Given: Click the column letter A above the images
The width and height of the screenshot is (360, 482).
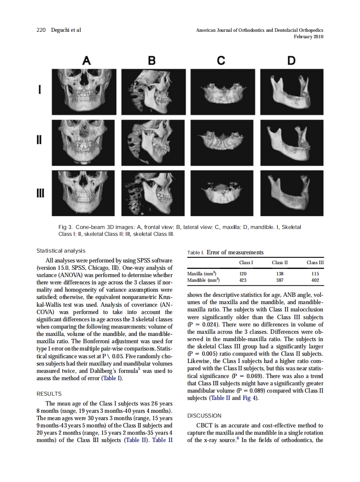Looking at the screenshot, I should coord(86,61).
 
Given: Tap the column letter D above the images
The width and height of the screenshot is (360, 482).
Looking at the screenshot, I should coord(291,61).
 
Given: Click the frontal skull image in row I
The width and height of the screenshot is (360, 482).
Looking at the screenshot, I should coord(83,91).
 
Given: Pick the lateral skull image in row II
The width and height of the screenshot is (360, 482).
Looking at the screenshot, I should coord(153,142).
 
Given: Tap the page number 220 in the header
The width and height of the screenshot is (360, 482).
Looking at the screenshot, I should coord(41,30).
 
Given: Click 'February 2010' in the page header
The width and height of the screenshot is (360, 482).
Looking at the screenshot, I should coord(308,37).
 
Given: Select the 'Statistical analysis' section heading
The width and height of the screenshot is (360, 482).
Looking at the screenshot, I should coord(61,251).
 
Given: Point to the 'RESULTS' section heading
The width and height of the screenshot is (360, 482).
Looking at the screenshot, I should coord(49,394).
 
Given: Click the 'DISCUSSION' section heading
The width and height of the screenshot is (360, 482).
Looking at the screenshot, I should coord(204,416).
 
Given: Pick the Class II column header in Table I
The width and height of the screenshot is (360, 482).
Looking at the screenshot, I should coord(280,262).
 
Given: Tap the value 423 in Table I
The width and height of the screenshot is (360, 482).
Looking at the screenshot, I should coord(243,280).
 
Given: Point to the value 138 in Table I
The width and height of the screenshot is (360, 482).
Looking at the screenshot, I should coord(280,273).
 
